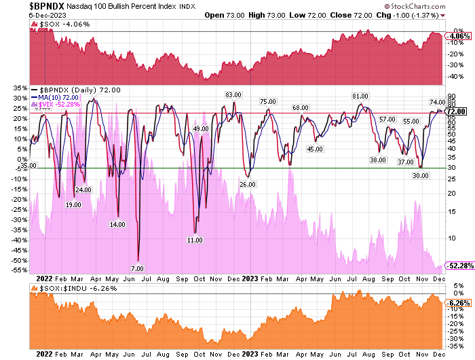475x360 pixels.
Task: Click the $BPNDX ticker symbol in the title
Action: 22,7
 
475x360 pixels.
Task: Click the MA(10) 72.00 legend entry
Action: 63,96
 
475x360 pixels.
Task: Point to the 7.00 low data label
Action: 138,269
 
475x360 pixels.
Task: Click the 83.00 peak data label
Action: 233,94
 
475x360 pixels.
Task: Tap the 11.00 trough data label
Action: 195,240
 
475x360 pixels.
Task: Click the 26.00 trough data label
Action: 248,184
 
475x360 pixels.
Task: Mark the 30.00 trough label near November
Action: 421,175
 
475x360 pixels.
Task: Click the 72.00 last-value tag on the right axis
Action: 455,111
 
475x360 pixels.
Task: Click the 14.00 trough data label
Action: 117,224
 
